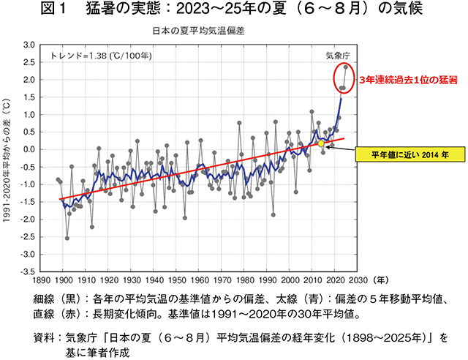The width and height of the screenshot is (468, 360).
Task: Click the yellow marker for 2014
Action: tap(321, 143)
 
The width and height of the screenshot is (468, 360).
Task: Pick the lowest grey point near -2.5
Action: tap(67, 238)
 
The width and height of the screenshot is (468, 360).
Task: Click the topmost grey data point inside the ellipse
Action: tap(345, 67)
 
